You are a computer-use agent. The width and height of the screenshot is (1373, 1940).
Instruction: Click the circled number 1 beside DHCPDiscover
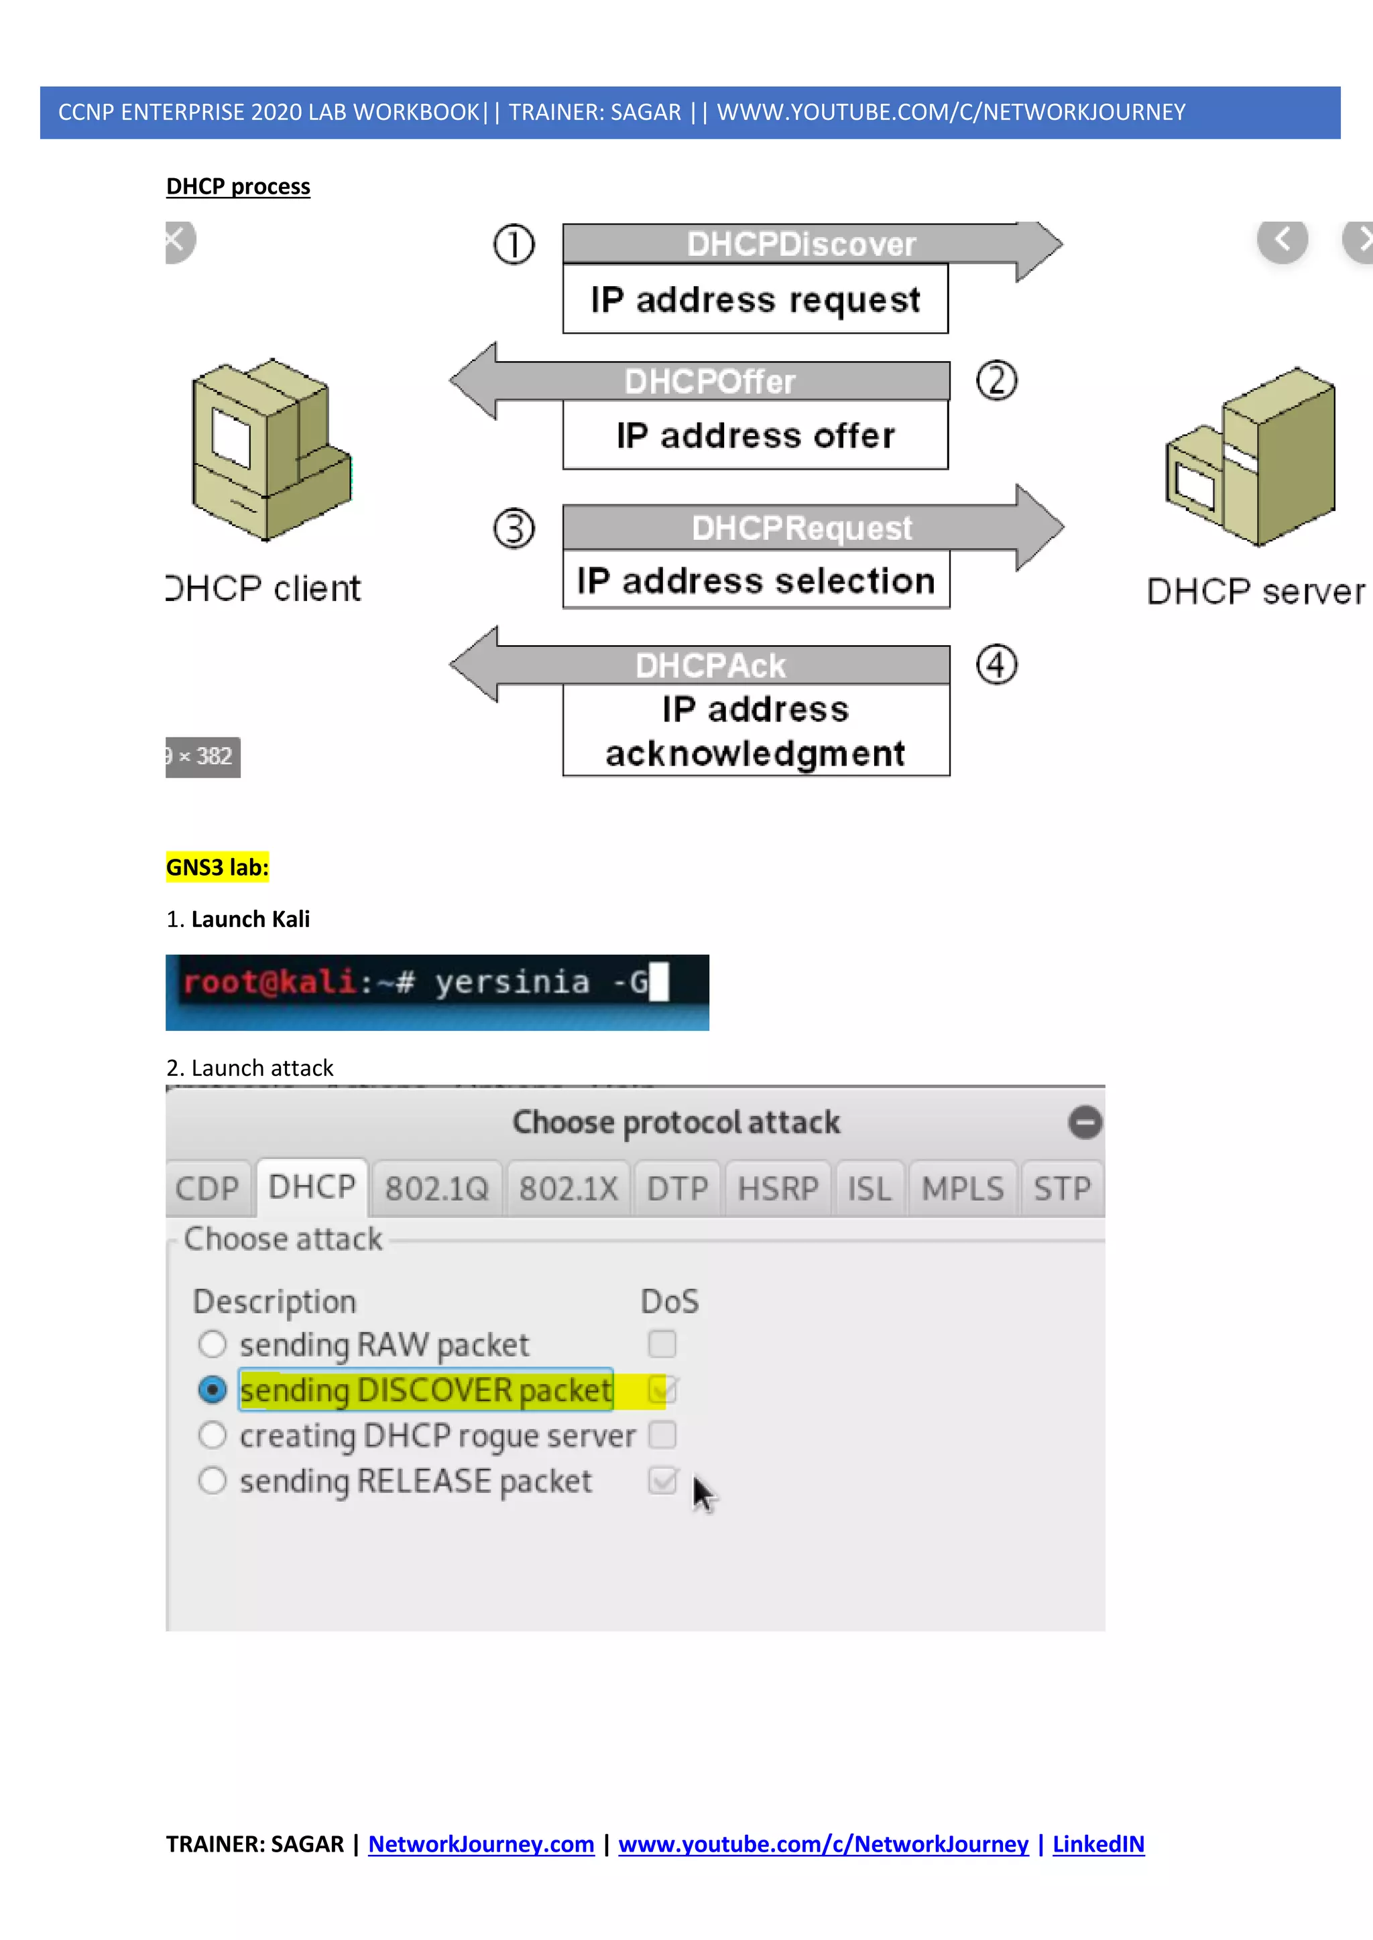(x=514, y=245)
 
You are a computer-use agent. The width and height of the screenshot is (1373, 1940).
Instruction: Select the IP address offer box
(x=755, y=435)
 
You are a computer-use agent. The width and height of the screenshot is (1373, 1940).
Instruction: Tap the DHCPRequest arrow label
(x=802, y=528)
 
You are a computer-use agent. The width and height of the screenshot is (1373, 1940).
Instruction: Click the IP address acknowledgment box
(x=755, y=730)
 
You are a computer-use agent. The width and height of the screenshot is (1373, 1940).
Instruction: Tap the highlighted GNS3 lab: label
(x=217, y=867)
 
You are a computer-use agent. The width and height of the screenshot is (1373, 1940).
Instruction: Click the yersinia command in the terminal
(x=512, y=982)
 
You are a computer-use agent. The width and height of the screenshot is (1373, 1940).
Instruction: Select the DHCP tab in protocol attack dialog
(x=311, y=1187)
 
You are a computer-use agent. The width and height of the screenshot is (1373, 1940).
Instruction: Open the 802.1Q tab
(x=437, y=1189)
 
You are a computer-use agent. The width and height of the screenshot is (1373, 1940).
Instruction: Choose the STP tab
(x=1062, y=1189)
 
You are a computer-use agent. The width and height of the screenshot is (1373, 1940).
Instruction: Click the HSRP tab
(x=778, y=1189)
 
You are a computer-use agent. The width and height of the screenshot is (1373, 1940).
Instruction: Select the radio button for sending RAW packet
(x=213, y=1344)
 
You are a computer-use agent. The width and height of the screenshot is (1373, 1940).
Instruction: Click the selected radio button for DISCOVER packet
(x=213, y=1389)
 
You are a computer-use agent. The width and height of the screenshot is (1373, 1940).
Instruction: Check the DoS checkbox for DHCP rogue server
(x=662, y=1435)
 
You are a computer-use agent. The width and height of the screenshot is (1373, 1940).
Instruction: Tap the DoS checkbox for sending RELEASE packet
(x=662, y=1480)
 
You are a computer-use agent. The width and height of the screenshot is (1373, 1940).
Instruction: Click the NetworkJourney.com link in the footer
(x=481, y=1844)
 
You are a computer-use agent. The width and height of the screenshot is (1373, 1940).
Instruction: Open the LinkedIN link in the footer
(x=1097, y=1844)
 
